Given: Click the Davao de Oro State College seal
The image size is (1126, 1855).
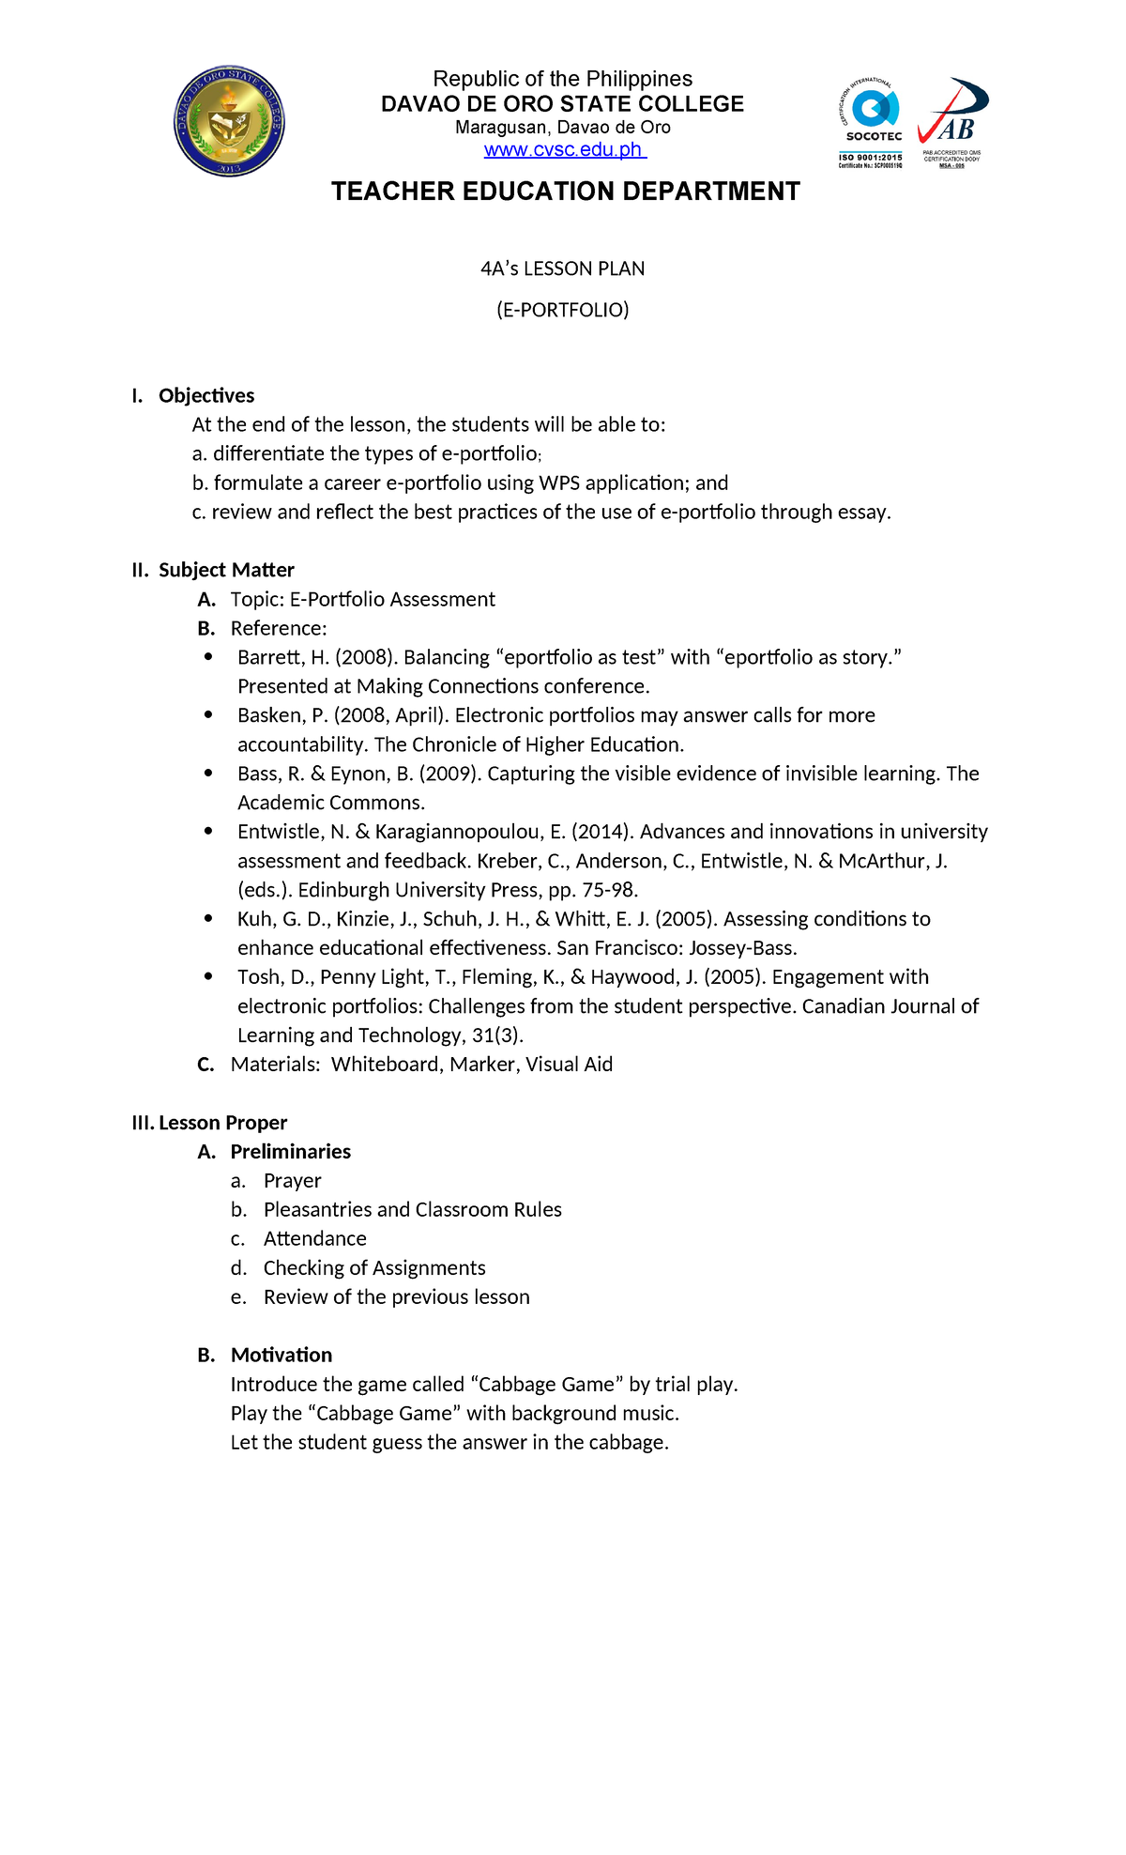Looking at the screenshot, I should [x=230, y=122].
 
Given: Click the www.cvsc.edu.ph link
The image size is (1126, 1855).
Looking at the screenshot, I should [x=564, y=150].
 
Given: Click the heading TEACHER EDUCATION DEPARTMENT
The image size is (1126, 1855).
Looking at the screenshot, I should [x=565, y=192].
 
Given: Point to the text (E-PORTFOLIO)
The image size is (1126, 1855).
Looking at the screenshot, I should [x=563, y=310].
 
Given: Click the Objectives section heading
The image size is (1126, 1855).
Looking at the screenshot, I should [x=205, y=395].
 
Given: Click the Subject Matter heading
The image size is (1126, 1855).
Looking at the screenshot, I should [x=226, y=570].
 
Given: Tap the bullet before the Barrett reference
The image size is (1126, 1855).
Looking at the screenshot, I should [x=208, y=657].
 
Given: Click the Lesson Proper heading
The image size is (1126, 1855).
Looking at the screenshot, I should [x=222, y=1123].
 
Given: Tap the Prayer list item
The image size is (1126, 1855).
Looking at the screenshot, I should [x=292, y=1181].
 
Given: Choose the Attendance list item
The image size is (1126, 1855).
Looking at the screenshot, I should [x=314, y=1239].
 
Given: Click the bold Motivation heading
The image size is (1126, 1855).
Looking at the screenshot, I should [x=281, y=1356].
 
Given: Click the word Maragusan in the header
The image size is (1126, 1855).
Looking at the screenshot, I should [x=502, y=128].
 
